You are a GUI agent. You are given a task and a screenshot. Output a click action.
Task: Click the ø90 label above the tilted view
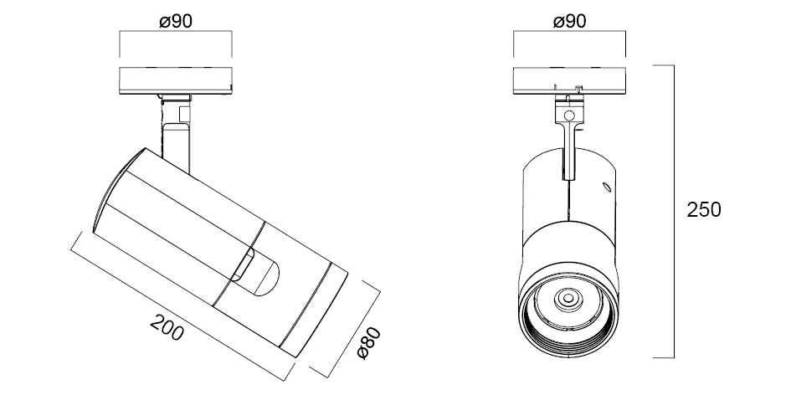coord(176,22)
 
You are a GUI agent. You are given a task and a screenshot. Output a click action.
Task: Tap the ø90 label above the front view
coord(568,22)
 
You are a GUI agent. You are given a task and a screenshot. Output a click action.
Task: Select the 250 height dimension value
coord(703,210)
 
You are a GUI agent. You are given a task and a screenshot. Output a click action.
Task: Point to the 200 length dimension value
coord(167,329)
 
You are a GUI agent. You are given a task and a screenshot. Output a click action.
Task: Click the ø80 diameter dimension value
coord(369,344)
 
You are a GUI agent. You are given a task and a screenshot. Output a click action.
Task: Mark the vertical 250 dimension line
coord(675,211)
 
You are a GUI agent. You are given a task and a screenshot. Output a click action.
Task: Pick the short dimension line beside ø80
coord(344,327)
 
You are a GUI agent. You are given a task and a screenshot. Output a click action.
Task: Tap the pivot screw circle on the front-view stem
coord(569,115)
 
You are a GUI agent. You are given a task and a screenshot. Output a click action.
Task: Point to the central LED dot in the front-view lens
coord(569,297)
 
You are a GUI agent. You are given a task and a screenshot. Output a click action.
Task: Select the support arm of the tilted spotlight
coord(177,134)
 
